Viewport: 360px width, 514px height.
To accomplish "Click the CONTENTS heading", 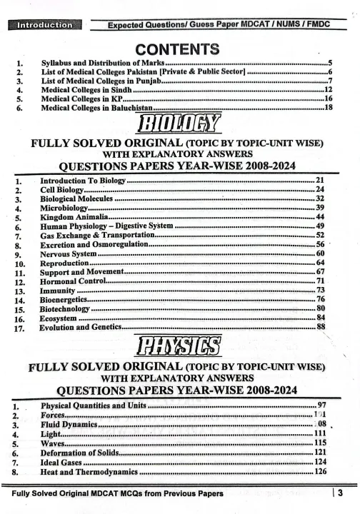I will point(180,49).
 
